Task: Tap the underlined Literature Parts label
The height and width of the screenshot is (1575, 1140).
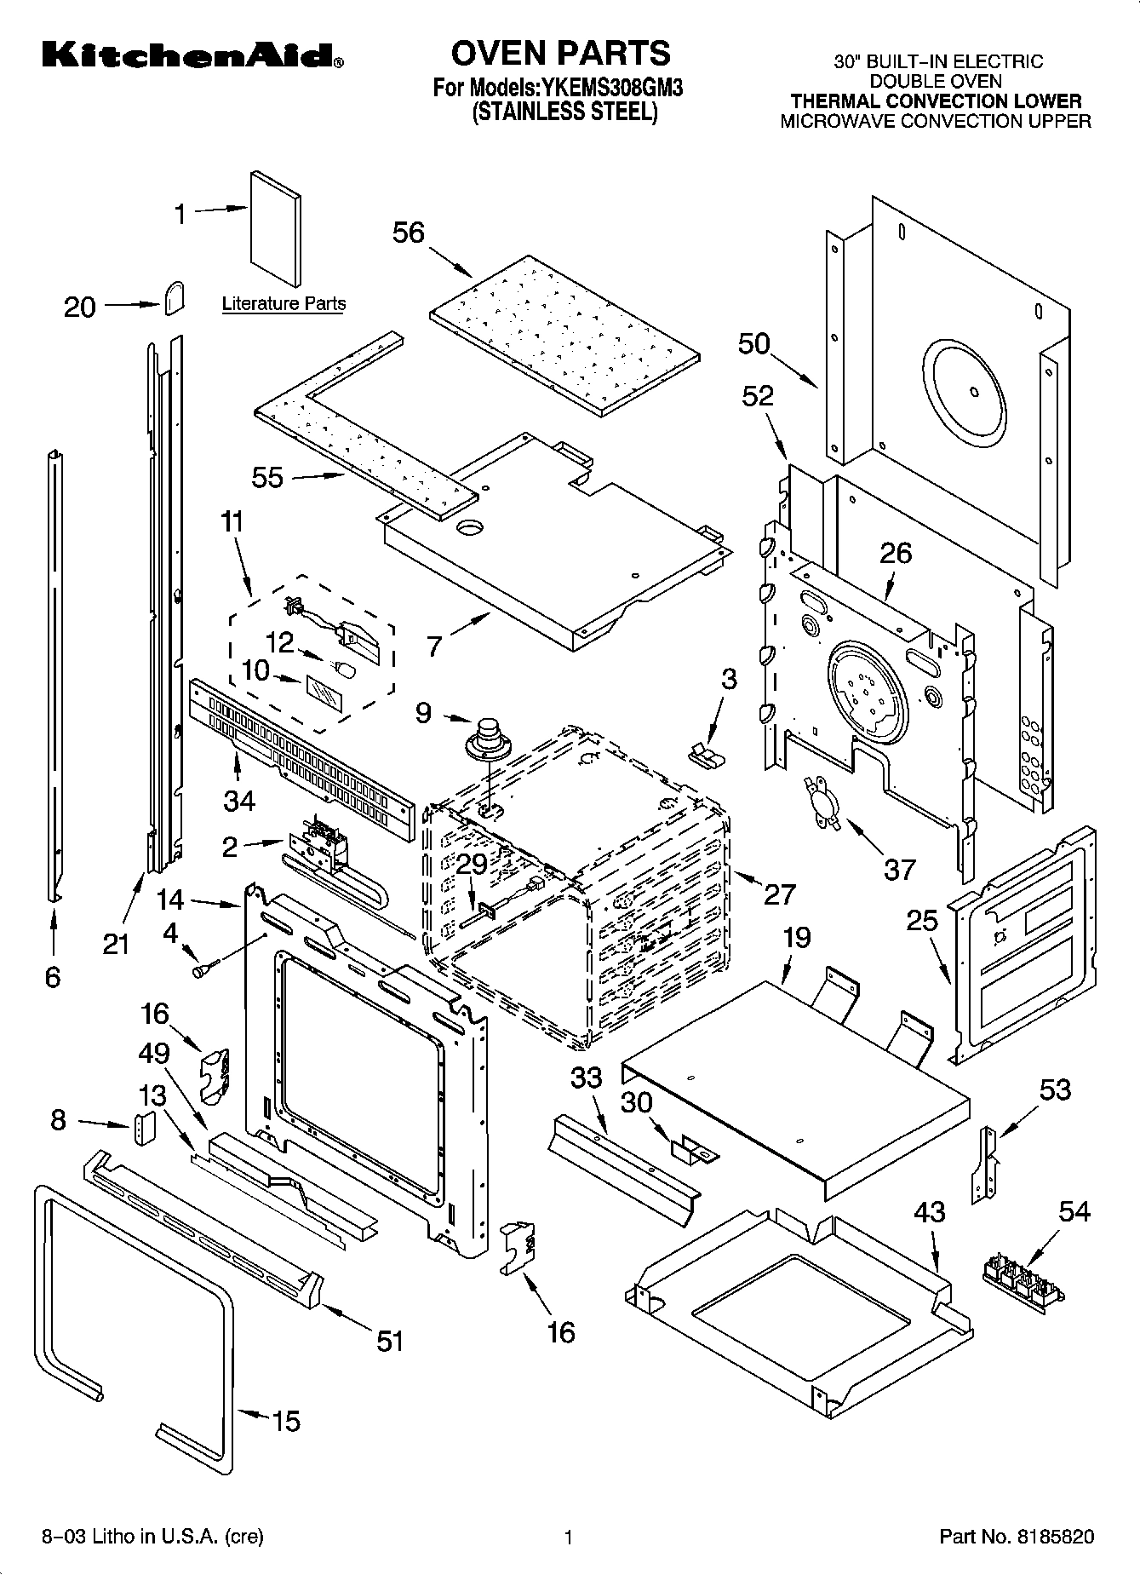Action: point(284,304)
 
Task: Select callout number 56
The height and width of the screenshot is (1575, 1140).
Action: point(408,233)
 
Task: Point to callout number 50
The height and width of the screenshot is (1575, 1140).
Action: point(753,344)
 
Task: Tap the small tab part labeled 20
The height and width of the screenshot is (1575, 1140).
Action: point(173,299)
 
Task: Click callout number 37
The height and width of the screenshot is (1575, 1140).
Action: point(899,869)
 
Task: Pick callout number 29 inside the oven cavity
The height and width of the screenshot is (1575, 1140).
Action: point(472,864)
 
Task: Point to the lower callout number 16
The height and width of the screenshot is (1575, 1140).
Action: point(561,1331)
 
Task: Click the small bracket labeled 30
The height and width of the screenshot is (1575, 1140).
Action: point(694,1152)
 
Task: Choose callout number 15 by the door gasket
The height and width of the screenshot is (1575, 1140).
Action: point(286,1421)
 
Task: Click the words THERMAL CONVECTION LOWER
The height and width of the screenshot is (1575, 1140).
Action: point(935,101)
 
